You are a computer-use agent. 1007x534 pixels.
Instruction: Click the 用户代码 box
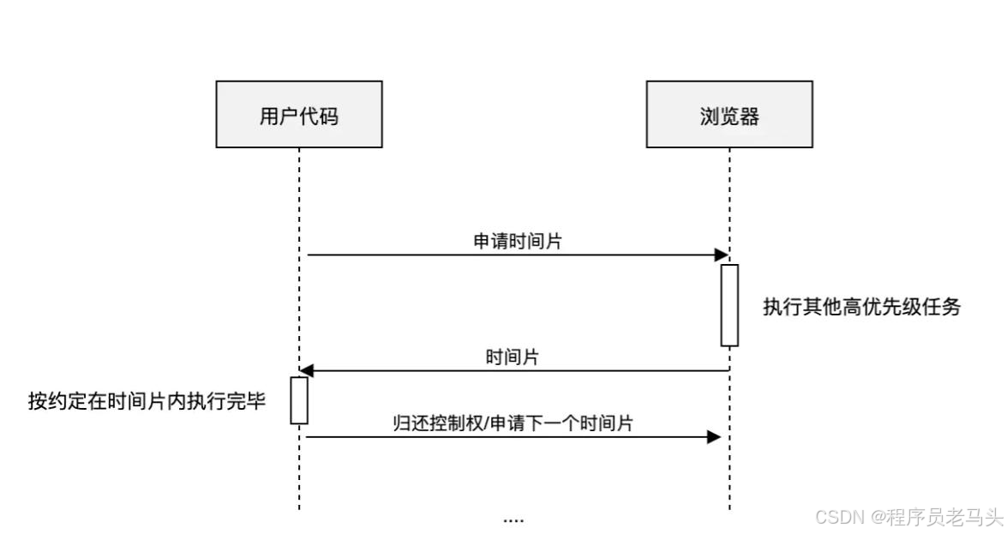click(x=298, y=114)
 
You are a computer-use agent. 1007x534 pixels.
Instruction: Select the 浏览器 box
click(x=728, y=114)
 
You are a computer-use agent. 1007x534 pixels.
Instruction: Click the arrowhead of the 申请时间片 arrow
click(x=721, y=255)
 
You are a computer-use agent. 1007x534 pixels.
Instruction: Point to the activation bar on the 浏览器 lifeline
click(x=729, y=305)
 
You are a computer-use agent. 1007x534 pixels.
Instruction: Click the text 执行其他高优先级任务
click(x=861, y=307)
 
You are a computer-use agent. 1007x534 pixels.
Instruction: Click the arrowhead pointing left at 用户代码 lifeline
click(x=307, y=370)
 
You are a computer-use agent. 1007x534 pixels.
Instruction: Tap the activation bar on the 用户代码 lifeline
click(x=299, y=400)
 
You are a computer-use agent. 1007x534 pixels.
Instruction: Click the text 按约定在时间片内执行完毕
click(x=147, y=400)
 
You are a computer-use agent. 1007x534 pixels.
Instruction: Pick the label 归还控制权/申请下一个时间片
click(x=512, y=423)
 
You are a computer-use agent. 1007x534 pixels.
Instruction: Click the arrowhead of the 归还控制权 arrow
click(x=713, y=437)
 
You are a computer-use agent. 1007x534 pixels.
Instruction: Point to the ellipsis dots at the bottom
click(x=513, y=519)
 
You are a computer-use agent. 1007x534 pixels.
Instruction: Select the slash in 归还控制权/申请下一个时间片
click(x=486, y=423)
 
